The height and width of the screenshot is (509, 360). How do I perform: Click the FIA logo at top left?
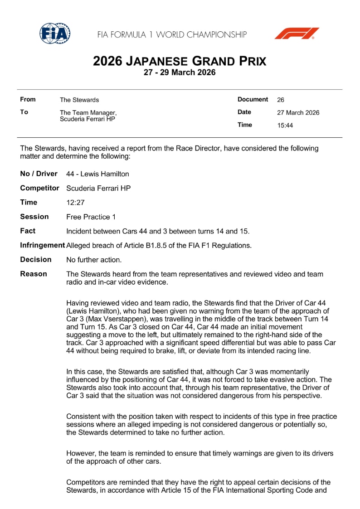[55, 33]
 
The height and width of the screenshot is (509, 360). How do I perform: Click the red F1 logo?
[297, 34]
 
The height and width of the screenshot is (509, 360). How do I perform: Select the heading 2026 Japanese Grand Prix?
[180, 61]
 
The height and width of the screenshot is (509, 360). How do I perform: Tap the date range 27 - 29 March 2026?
[180, 73]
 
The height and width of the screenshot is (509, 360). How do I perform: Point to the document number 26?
[280, 100]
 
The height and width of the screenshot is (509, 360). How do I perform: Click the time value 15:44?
[285, 126]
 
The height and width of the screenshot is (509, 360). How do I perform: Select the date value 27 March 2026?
[298, 113]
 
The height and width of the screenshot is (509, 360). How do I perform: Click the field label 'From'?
[28, 99]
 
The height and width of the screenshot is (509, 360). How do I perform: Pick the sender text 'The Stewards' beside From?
[79, 100]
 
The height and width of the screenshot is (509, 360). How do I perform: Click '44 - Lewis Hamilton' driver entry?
[97, 174]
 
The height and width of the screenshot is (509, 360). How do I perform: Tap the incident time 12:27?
[75, 203]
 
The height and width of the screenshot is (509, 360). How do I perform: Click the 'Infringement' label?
[42, 245]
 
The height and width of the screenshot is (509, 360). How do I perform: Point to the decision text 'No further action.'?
[94, 260]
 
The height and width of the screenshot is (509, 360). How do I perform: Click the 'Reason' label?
[33, 274]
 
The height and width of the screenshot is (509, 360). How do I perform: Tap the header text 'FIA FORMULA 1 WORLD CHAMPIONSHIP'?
[172, 34]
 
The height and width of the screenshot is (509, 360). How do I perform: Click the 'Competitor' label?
[39, 188]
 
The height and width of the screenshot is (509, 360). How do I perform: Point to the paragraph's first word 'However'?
[80, 453]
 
